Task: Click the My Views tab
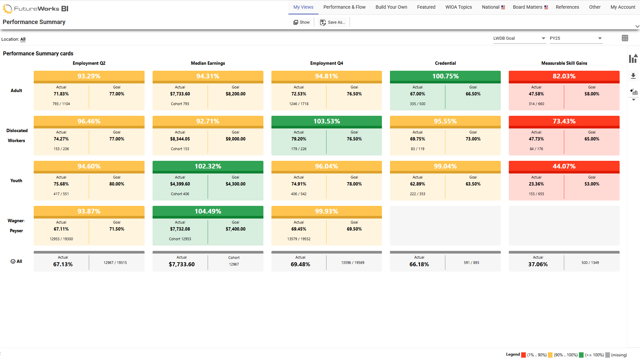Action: pos(303,7)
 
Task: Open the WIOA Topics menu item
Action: pos(458,7)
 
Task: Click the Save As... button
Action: pos(333,22)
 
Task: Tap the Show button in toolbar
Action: pos(301,22)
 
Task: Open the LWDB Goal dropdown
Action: pos(519,38)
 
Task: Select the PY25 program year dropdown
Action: pos(576,38)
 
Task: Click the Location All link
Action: pos(23,39)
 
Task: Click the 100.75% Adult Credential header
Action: pos(445,76)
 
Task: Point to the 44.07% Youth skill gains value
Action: pos(564,166)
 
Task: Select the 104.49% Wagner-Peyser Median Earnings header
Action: pos(208,211)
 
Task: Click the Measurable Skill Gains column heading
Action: pos(564,63)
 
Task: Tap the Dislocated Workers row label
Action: pos(17,135)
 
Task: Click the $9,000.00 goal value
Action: pos(235,139)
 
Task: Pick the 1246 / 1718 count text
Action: pos(298,104)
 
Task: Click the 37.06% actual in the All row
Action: pos(538,264)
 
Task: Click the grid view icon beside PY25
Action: pos(625,38)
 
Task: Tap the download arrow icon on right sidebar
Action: pos(633,76)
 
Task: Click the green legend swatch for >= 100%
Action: pos(581,355)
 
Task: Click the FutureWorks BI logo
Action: pos(36,9)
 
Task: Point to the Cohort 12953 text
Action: pos(180,239)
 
